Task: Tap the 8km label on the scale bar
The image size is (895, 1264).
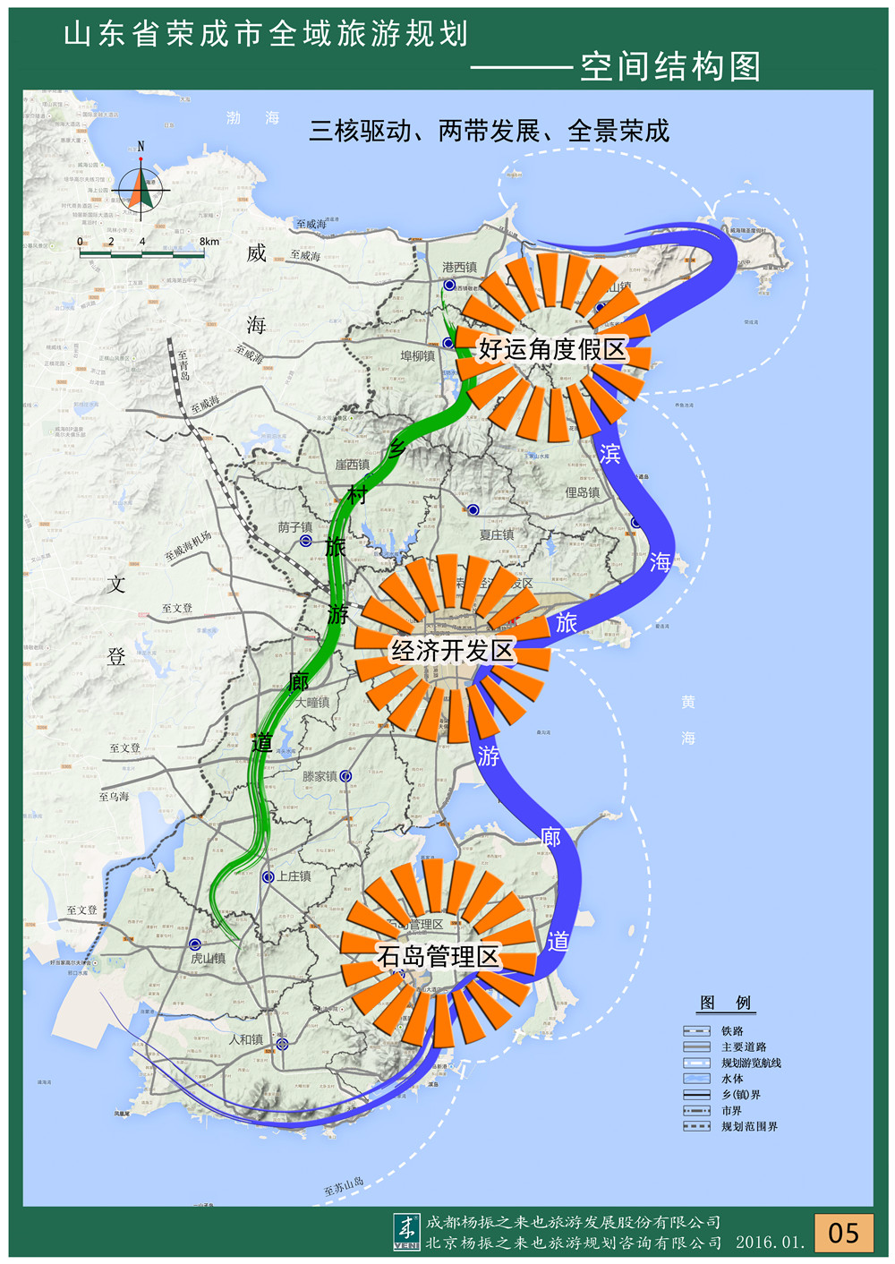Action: (x=209, y=242)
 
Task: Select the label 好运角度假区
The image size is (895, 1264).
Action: (x=551, y=349)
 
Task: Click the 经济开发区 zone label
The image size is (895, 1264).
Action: (x=453, y=651)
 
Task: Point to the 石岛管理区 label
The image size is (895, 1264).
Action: (x=438, y=956)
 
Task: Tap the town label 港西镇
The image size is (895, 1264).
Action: (x=459, y=267)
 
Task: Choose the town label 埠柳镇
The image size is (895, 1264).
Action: (x=417, y=356)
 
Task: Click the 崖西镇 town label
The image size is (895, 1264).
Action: (x=352, y=465)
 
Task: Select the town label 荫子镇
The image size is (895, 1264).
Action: (x=295, y=527)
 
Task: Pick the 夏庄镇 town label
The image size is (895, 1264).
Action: (x=497, y=534)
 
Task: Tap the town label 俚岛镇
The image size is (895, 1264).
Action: (x=582, y=492)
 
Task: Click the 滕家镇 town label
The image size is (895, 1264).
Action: (x=320, y=776)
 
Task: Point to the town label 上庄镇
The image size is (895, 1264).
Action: (x=294, y=876)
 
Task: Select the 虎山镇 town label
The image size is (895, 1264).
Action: (x=208, y=958)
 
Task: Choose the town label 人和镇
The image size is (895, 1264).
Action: (x=246, y=1039)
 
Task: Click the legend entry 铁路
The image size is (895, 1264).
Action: (x=732, y=1031)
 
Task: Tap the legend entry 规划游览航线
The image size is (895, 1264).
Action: (x=751, y=1063)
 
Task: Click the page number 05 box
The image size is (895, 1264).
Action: (x=843, y=1233)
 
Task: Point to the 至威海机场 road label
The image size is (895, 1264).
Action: (x=188, y=546)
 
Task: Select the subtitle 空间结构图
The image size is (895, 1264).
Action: (x=670, y=66)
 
